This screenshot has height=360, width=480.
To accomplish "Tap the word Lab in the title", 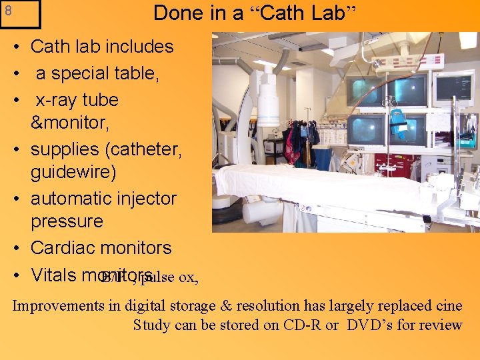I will [x=321, y=13].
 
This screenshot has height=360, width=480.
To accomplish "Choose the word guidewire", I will [x=73, y=172].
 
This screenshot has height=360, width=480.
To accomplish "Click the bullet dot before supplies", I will [x=14, y=150].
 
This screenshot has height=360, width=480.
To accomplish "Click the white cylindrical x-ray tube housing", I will [x=267, y=100].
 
